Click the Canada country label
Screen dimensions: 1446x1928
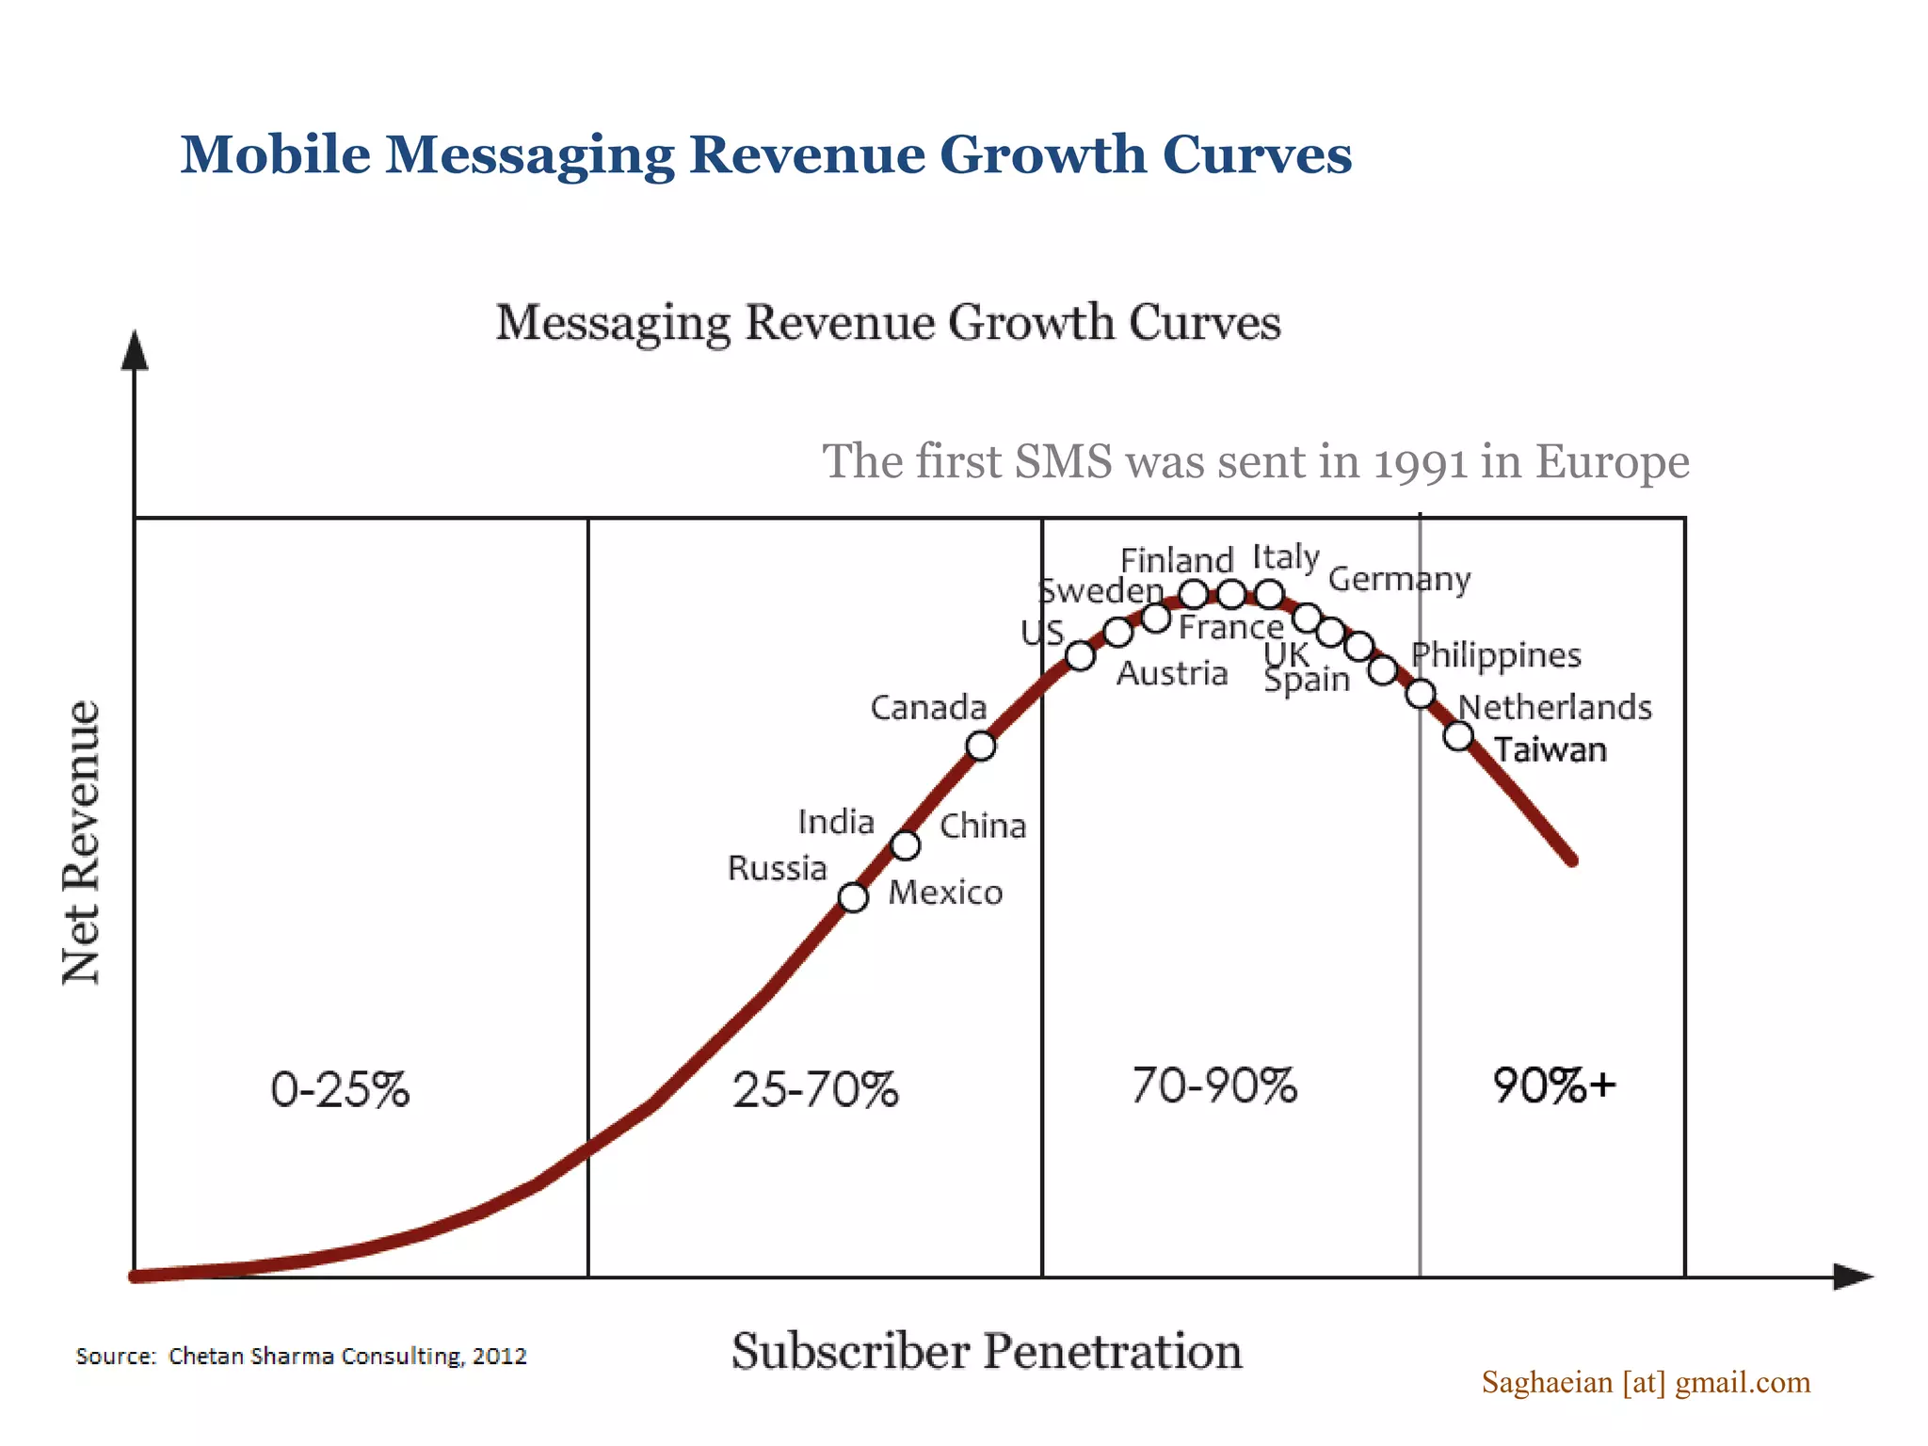[x=927, y=707]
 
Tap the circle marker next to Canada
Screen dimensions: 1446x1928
[x=981, y=746]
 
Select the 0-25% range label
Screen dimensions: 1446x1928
[x=340, y=1089]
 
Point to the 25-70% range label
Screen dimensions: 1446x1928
[x=815, y=1089]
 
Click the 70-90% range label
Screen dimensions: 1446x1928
[x=1214, y=1085]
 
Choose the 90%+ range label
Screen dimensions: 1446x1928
[x=1554, y=1085]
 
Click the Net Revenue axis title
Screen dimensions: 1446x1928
[x=81, y=843]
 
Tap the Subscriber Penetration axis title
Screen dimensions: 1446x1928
[x=987, y=1351]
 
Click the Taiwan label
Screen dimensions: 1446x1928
[x=1550, y=750]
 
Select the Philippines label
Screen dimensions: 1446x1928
[x=1495, y=655]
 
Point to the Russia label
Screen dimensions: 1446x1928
[x=777, y=868]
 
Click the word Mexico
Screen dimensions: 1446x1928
[x=945, y=892]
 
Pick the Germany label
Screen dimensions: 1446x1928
[x=1399, y=579]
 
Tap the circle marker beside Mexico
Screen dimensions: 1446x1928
[x=853, y=897]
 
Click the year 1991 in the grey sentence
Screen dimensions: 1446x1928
[x=1421, y=462]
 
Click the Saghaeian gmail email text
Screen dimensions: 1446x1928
[x=1646, y=1382]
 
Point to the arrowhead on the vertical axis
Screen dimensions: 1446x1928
[x=136, y=350]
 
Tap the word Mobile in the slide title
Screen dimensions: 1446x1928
[x=275, y=154]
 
